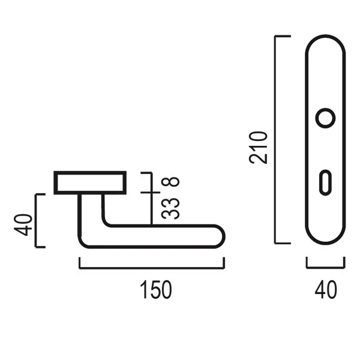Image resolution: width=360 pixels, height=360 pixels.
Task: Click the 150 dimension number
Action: tap(156, 290)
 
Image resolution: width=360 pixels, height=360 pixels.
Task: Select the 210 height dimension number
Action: tap(258, 148)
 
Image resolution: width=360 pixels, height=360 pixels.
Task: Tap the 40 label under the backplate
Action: tap(326, 290)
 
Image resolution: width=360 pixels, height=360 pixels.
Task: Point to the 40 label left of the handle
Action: tap(23, 225)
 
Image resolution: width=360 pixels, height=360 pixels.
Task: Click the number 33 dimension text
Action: tap(170, 208)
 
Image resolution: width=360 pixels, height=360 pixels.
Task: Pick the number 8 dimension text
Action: tap(170, 181)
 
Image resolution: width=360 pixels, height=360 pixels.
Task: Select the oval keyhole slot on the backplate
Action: tap(325, 182)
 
